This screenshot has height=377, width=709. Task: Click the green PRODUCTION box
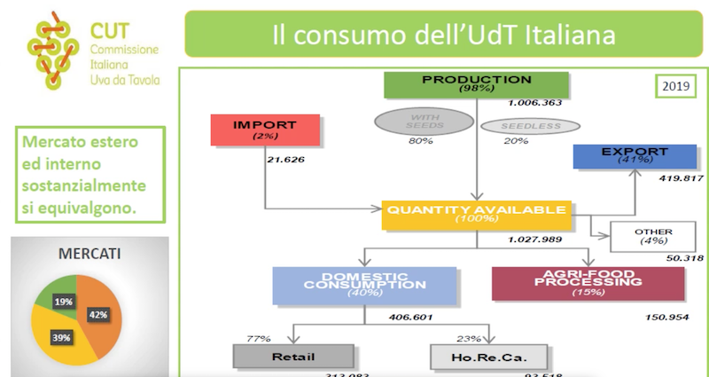[x=476, y=83]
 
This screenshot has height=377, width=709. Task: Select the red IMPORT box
[x=264, y=130]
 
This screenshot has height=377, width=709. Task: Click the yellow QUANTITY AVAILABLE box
[x=475, y=214]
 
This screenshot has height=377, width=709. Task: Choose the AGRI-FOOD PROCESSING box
[x=588, y=283]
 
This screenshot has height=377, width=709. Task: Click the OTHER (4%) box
[x=653, y=237]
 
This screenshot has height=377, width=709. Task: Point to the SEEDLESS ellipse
[x=530, y=126]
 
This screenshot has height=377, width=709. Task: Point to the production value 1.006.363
[x=535, y=103]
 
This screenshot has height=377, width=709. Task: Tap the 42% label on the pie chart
[x=98, y=315]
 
